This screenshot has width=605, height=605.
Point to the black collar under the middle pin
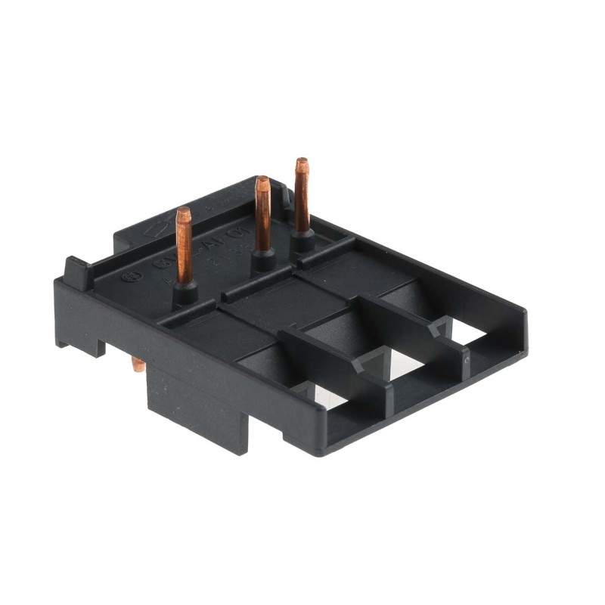point(263,259)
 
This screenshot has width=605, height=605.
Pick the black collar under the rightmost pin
point(303,240)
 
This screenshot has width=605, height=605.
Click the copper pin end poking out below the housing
point(138,365)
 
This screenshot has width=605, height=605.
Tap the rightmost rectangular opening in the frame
point(469,330)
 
